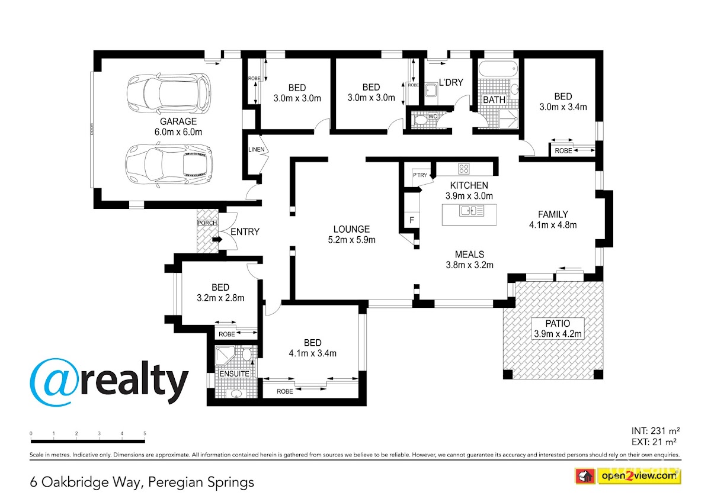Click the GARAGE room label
pos(178,121)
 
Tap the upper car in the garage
pos(169,94)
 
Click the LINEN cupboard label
pos(256,149)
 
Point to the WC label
pos(433,117)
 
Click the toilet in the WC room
pos(420,121)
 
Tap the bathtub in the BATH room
pos(498,69)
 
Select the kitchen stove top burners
pos(464,168)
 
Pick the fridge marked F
pos(412,220)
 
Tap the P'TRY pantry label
pos(419,175)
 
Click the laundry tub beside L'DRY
pos(431,90)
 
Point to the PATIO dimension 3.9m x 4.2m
pos(558,334)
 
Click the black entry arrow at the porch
pos(217,239)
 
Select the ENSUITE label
pos(234,374)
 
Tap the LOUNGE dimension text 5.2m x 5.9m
pos(351,240)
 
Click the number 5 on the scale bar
pos(145,433)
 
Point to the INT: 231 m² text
pos(656,431)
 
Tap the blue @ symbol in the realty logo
pos(54,382)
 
